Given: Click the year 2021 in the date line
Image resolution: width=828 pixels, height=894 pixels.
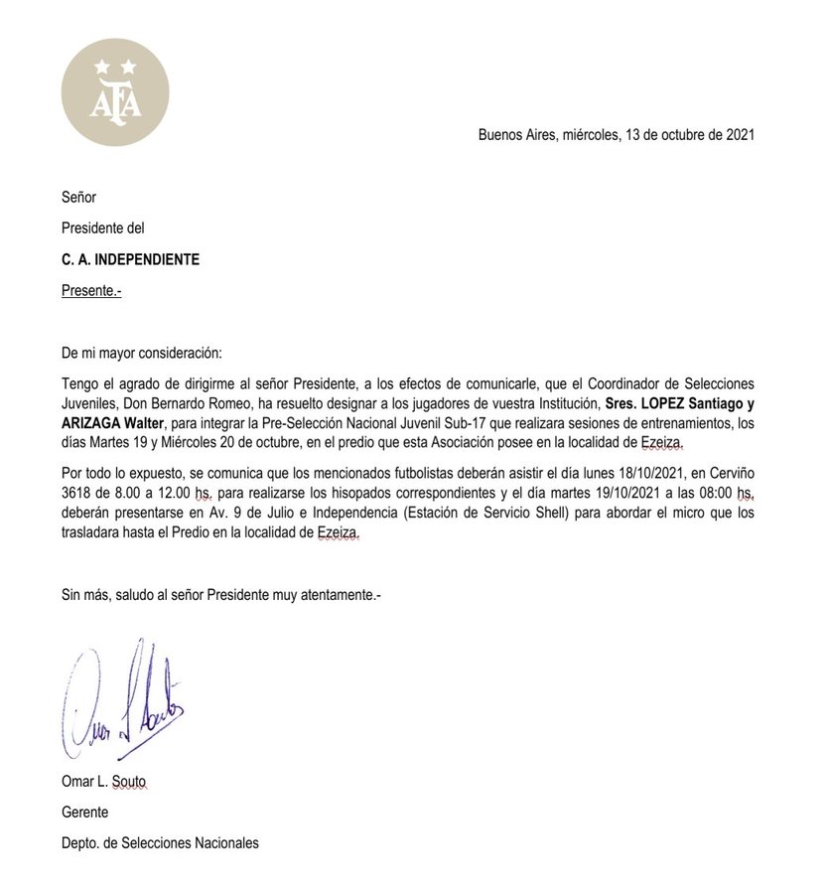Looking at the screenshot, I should [740, 135].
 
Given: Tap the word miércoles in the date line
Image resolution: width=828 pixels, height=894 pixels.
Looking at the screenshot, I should [594, 135].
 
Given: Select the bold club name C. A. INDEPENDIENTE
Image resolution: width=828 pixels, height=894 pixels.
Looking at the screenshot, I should [130, 260].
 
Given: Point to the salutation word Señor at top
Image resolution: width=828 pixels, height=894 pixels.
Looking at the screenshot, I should [79, 198].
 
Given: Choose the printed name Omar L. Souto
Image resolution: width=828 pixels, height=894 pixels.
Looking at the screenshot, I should [104, 784].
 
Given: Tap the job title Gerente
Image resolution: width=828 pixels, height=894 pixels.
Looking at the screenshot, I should [85, 813].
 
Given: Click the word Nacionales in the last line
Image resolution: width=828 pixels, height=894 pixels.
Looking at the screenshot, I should [223, 842].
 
